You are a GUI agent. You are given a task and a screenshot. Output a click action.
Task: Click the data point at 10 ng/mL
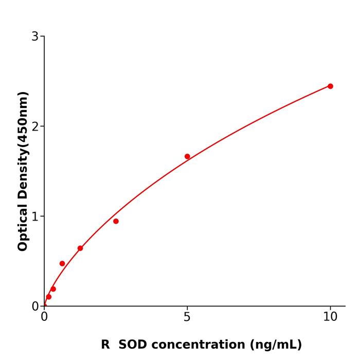(330, 86)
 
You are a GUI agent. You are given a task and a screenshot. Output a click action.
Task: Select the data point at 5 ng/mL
(187, 156)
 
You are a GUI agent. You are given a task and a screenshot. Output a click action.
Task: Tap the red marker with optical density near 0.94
(116, 221)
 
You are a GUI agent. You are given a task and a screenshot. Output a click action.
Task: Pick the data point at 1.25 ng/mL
(80, 248)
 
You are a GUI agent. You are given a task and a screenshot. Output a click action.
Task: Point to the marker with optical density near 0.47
(62, 263)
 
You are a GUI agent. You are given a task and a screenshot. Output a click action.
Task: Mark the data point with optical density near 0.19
(53, 289)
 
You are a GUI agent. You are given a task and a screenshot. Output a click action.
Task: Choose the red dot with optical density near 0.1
(49, 297)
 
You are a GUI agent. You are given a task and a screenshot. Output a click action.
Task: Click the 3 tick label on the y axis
(35, 37)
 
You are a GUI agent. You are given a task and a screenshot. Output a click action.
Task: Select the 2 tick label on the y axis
(35, 127)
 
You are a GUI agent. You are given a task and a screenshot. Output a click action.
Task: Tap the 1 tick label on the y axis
(35, 217)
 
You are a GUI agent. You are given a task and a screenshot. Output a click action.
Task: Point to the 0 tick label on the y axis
(35, 307)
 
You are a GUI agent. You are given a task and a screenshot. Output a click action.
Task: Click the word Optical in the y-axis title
(23, 228)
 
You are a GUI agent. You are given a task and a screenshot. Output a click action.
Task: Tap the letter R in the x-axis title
(105, 345)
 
